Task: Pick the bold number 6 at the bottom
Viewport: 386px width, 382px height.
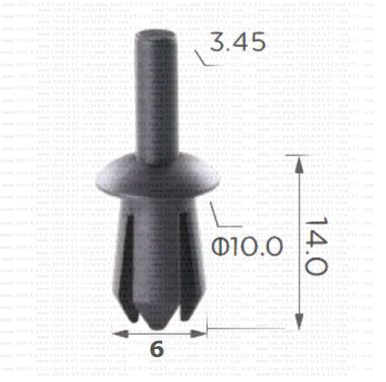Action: (156, 349)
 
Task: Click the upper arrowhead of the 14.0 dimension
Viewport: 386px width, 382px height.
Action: (298, 162)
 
